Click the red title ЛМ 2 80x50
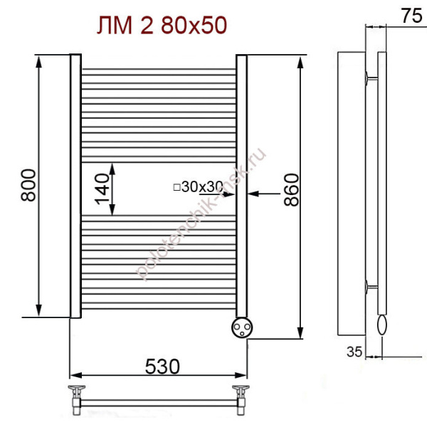pos(162,25)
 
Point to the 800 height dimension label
pos(28,185)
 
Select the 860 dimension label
pos(291,189)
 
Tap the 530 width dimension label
pos(162,367)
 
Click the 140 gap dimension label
pos(102,189)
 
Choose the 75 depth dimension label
pos(411,16)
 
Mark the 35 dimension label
pos(354,352)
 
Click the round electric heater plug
pos(242,327)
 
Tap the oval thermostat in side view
pos(381,325)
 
